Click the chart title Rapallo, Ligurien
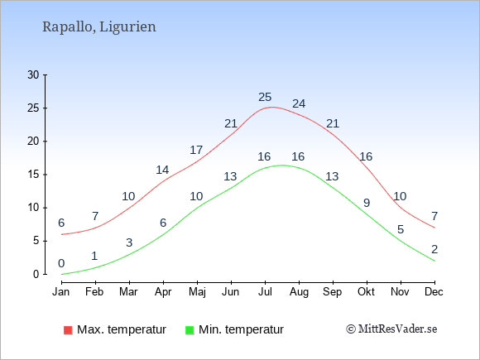(99, 27)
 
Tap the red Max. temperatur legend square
(68, 330)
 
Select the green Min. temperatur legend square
(190, 330)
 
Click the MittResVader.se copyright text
(391, 329)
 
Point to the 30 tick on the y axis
(33, 74)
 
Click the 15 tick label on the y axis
(33, 175)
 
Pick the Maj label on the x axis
(197, 292)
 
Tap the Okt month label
(367, 292)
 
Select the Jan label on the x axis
(61, 292)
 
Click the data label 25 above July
(265, 97)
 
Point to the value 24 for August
(299, 103)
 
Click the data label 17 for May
(196, 150)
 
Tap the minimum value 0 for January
(61, 263)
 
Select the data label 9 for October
(367, 203)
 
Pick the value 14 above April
(162, 170)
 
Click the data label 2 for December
(434, 249)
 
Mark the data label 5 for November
(401, 229)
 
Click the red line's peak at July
(271, 107)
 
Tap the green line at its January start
(62, 274)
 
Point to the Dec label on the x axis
(434, 292)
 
